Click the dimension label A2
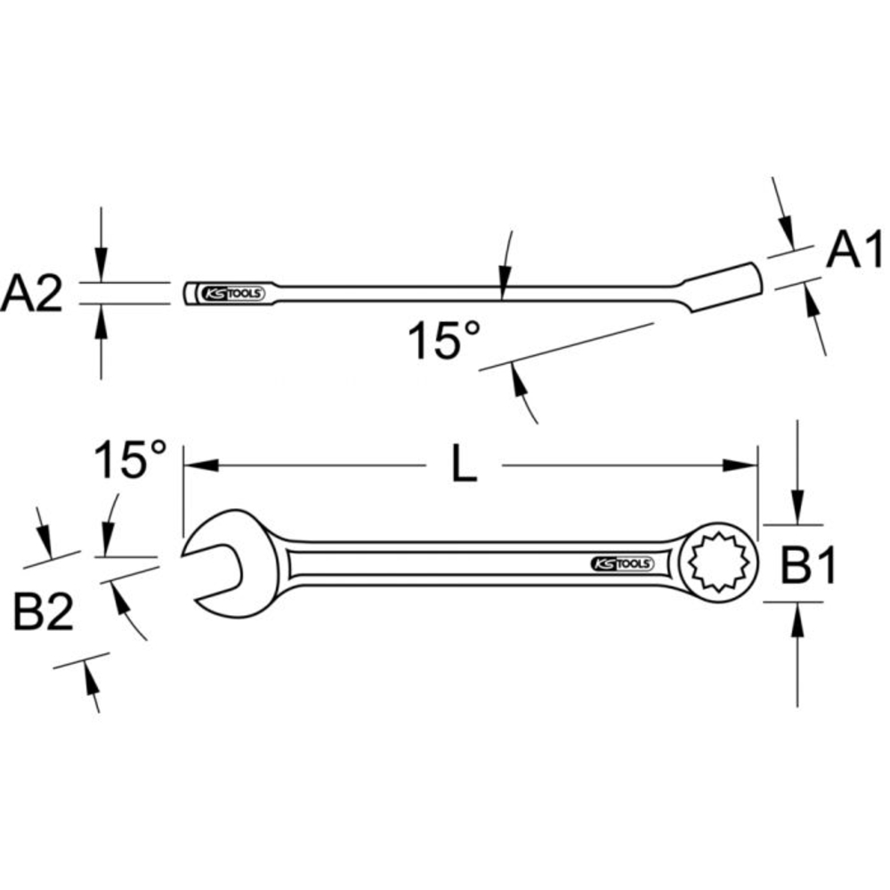[32, 295]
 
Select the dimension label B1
[809, 566]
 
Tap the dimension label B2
[44, 613]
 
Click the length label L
[463, 465]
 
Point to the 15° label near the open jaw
[131, 461]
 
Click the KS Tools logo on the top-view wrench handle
[622, 563]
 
